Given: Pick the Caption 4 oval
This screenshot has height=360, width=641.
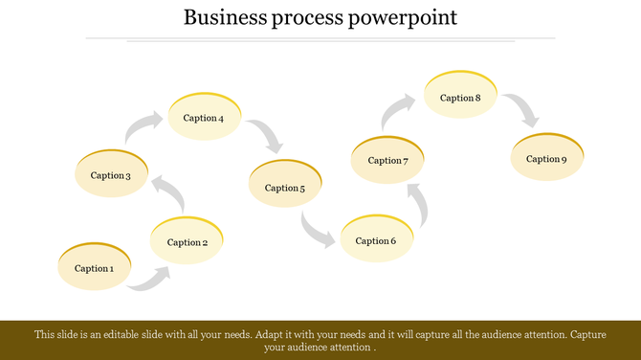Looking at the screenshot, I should [x=204, y=118].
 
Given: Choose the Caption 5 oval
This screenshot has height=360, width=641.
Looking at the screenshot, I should [x=285, y=187].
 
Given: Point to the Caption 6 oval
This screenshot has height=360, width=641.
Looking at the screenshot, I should [x=376, y=239].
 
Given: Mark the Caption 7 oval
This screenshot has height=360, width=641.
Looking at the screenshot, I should [x=387, y=160].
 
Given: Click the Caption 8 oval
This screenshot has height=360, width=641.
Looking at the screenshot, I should [x=460, y=97].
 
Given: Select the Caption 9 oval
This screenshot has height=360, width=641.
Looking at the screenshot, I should [x=546, y=158].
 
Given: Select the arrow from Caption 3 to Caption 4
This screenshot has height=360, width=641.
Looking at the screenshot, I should [x=144, y=127].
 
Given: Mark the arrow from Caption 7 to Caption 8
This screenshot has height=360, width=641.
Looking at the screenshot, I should [x=398, y=110].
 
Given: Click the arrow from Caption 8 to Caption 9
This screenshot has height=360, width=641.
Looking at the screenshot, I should [x=523, y=110].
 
